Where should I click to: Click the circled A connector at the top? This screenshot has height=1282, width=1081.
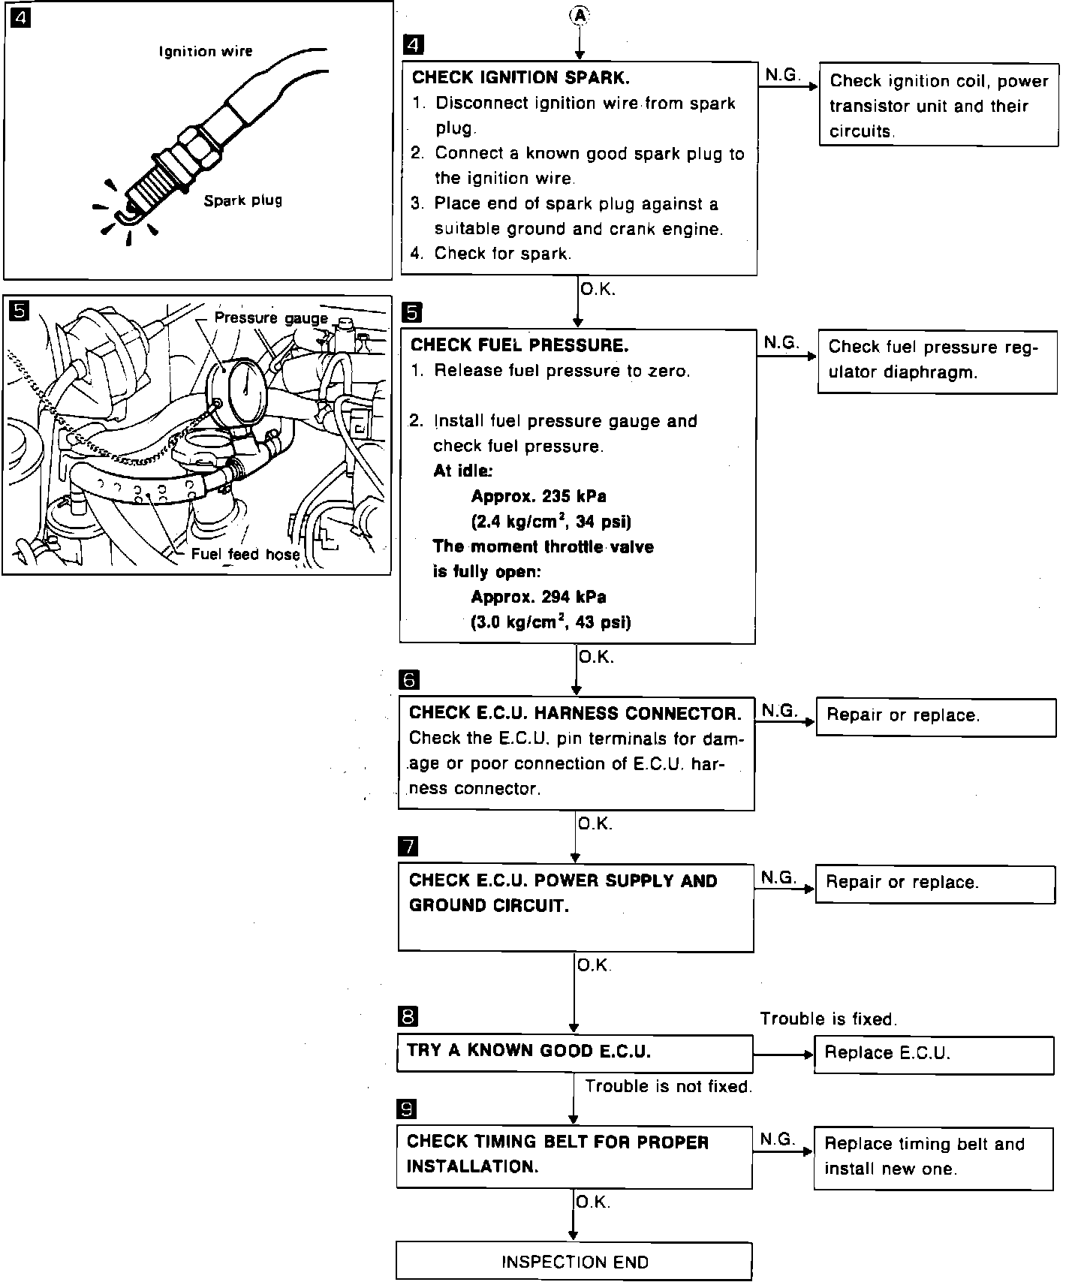click(580, 14)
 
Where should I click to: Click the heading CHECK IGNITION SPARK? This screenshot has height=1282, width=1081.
click(520, 77)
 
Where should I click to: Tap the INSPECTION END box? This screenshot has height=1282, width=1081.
click(574, 1262)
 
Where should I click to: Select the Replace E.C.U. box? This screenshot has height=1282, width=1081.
click(933, 1054)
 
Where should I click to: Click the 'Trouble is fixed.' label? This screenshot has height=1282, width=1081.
click(828, 1019)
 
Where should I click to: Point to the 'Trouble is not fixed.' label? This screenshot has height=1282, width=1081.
click(668, 1086)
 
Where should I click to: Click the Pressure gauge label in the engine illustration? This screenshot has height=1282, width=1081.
click(271, 318)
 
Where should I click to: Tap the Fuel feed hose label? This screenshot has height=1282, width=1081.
click(245, 554)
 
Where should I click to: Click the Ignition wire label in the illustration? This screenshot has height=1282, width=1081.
click(206, 51)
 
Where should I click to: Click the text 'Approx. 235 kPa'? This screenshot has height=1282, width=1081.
click(538, 496)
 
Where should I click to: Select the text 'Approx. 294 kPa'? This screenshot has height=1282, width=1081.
click(538, 597)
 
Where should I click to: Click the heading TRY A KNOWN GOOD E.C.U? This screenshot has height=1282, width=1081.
click(528, 1051)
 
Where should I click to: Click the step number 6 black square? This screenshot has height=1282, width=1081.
click(409, 679)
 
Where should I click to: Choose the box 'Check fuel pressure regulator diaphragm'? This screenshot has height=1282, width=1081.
click(937, 362)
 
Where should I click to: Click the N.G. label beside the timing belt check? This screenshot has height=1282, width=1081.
click(777, 1139)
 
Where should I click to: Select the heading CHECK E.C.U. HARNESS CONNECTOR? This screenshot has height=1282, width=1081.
click(574, 713)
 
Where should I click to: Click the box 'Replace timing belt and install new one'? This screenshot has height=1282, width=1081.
click(933, 1157)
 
